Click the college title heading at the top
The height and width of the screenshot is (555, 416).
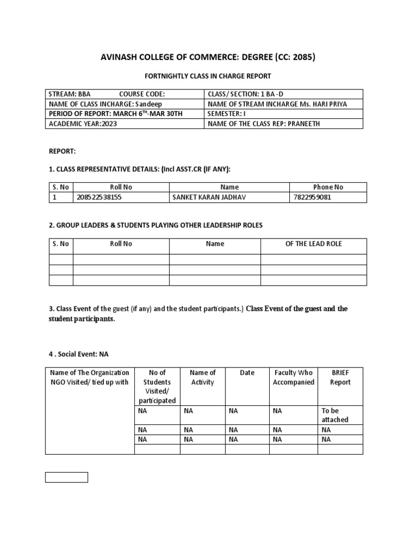tap(208, 58)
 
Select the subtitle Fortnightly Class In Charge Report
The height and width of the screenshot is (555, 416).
tap(207, 76)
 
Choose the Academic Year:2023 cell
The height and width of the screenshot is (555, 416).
tap(83, 123)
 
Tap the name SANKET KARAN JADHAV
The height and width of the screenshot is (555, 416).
tap(209, 197)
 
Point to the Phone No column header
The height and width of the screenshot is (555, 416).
tap(328, 187)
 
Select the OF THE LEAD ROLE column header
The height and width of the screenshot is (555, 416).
tap(313, 244)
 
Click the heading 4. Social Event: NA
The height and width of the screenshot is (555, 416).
tap(79, 354)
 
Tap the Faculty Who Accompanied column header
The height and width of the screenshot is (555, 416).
tap(293, 377)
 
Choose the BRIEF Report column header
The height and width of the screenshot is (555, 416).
tap(340, 377)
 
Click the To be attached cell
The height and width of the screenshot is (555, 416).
tap(335, 415)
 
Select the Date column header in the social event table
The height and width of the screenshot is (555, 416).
tap(247, 373)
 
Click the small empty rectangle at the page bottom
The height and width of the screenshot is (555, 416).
tap(66, 477)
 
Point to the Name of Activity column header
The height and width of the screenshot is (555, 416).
tap(202, 377)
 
